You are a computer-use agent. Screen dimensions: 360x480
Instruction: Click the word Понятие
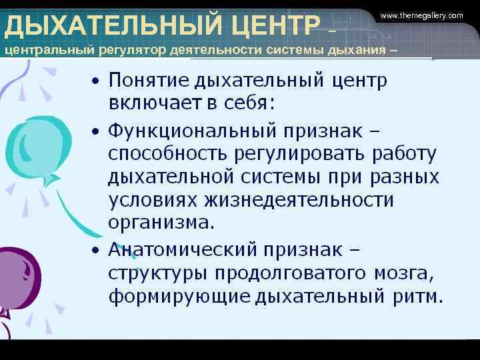[x=149, y=81]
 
